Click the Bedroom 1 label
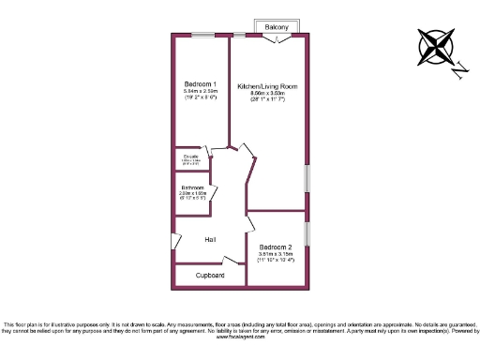[x=201, y=83]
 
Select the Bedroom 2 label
[x=276, y=247]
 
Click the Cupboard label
[x=210, y=277]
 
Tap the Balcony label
[x=277, y=27]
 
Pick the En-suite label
[x=191, y=156]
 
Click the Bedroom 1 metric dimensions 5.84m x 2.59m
[x=201, y=91]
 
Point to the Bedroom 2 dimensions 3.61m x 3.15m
[x=276, y=253]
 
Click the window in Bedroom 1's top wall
[x=202, y=36]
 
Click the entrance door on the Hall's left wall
[x=175, y=242]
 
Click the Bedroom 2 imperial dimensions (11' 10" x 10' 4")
[x=276, y=260]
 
